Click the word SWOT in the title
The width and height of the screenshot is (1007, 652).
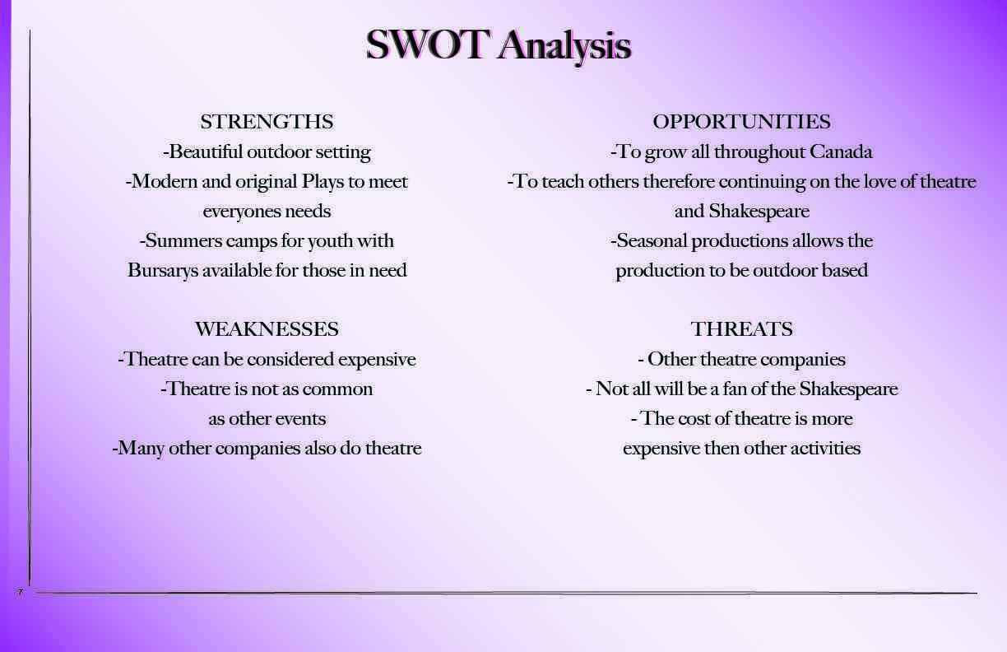click(x=426, y=44)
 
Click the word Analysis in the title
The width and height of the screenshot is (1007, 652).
click(x=564, y=46)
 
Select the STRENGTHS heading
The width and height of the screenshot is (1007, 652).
click(x=267, y=122)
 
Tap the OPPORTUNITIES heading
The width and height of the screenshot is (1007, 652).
click(x=742, y=122)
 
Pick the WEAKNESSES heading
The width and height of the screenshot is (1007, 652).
click(x=267, y=329)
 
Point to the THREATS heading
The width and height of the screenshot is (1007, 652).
click(x=742, y=329)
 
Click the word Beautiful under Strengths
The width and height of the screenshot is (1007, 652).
click(x=205, y=152)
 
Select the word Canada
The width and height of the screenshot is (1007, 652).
click(x=841, y=152)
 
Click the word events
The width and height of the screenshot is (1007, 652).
click(x=300, y=419)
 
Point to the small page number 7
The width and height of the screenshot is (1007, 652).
click(x=21, y=592)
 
